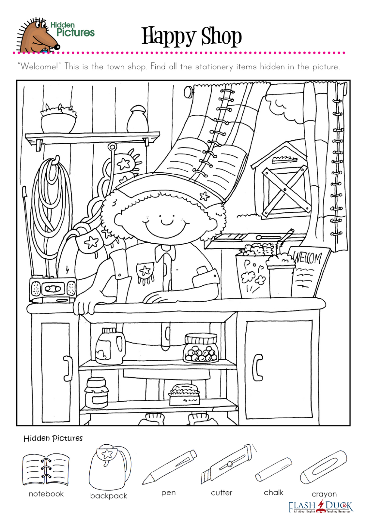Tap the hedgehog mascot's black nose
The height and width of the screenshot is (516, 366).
click(x=57, y=47)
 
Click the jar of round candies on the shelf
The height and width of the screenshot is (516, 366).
click(x=201, y=348)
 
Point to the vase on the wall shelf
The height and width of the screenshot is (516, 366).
click(x=138, y=119)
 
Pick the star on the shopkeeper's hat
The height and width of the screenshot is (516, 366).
click(x=204, y=196)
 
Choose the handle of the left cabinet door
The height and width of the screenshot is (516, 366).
click(x=68, y=368)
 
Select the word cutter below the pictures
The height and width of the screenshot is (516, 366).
click(x=221, y=493)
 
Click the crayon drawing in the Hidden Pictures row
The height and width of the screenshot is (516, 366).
click(x=323, y=468)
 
